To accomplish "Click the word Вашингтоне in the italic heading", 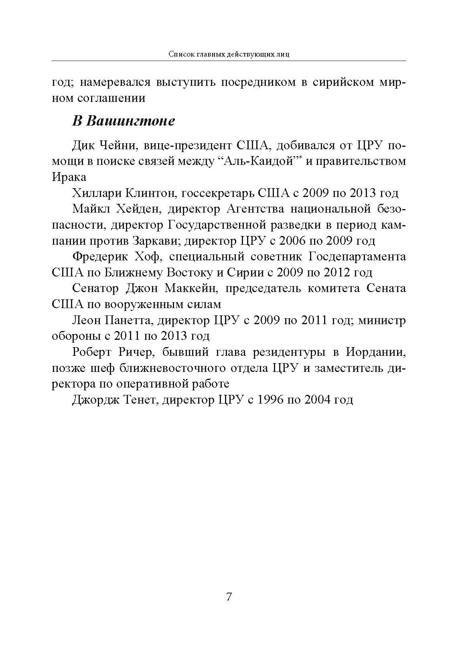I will pos(131,121).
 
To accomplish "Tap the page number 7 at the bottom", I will pos(229,597).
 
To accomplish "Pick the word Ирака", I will pos(69,177).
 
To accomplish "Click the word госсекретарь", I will pos(216,193).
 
